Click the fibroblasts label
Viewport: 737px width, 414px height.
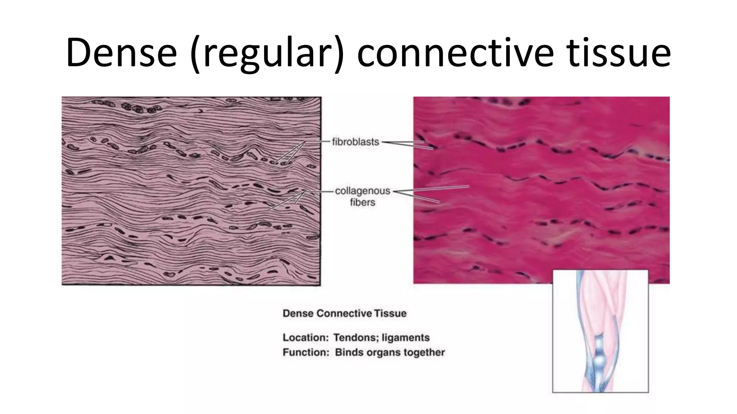pos(355,142)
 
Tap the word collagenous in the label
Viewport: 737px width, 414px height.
pos(362,191)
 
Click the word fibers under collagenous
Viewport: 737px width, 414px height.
pos(362,202)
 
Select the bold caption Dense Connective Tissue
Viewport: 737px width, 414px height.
pos(344,313)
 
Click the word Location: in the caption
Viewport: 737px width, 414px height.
pos(306,337)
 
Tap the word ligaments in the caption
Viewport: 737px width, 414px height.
pos(406,337)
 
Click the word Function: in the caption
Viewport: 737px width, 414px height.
pos(306,352)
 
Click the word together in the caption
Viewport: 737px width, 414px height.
pos(424,352)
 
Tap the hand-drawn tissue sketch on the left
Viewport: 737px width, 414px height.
pos(191,190)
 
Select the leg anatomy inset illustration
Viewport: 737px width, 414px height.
pos(600,331)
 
